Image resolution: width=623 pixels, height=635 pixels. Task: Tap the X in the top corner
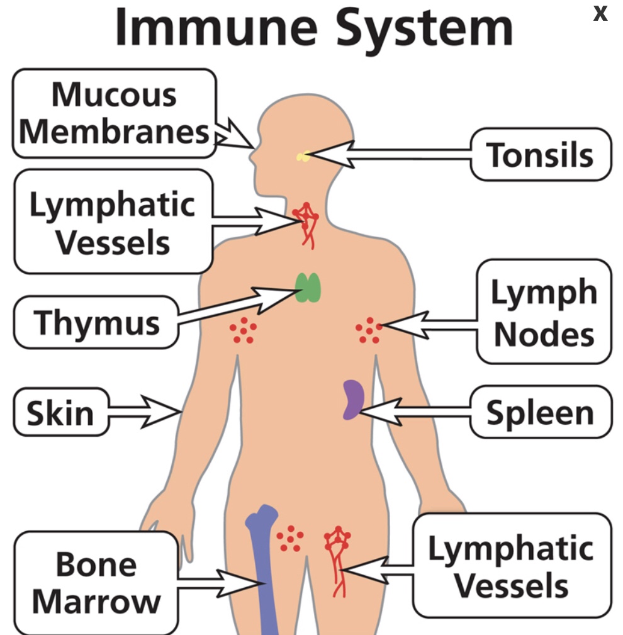600,13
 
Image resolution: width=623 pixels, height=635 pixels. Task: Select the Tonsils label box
540,155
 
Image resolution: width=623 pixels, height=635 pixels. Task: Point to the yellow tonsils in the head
303,156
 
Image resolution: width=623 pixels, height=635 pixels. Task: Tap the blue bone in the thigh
263,566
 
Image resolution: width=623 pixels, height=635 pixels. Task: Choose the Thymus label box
96,322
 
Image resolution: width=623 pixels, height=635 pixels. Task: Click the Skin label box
60,413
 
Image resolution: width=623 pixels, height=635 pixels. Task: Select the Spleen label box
540,413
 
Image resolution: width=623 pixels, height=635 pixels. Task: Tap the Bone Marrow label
96,582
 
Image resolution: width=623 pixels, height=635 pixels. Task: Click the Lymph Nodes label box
544,312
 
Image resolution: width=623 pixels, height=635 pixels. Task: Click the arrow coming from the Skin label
146,413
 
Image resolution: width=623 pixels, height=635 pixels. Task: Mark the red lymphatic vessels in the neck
306,223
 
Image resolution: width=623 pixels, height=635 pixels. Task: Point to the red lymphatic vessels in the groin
337,557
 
